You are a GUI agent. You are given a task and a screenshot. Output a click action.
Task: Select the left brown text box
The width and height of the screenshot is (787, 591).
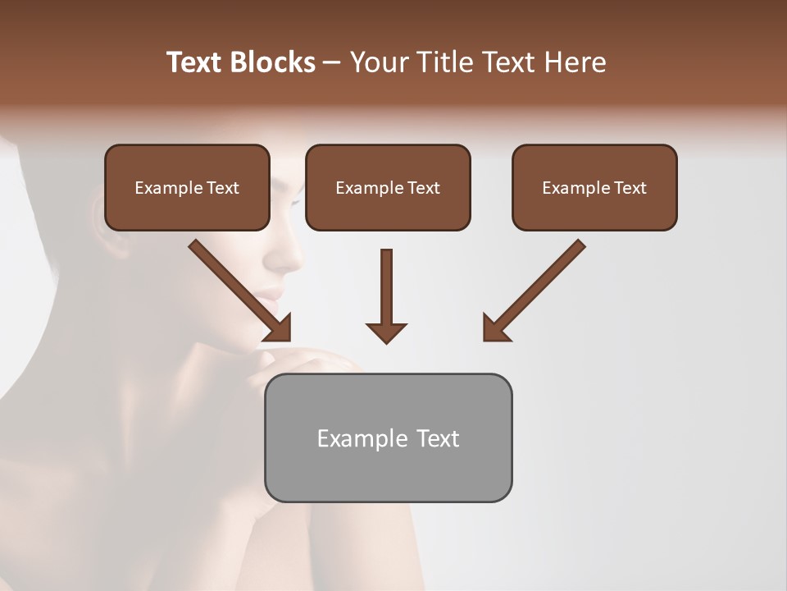click(x=187, y=188)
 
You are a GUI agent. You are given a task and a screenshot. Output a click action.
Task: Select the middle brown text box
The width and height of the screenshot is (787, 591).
click(x=388, y=188)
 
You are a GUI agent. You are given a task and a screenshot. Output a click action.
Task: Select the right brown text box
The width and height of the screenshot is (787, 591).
click(x=594, y=188)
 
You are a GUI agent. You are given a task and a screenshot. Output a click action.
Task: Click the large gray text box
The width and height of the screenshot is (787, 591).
click(x=388, y=438)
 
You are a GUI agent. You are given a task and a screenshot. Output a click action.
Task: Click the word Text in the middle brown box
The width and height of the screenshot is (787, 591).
click(x=424, y=188)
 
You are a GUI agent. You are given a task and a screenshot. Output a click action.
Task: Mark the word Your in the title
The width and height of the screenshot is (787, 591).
click(x=379, y=62)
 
